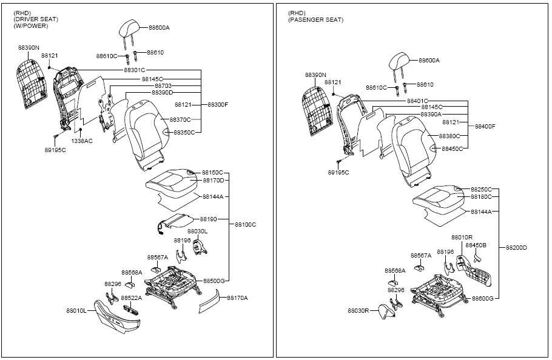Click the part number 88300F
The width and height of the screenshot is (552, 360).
[218, 104]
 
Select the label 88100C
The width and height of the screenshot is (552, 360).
[246, 224]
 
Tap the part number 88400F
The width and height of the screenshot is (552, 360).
[485, 126]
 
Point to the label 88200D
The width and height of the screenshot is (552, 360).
[516, 247]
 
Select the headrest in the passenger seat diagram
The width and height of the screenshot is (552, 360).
[399, 62]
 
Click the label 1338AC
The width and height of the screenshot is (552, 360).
[82, 141]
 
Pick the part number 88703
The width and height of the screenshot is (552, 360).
[163, 86]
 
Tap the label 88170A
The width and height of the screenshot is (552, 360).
[237, 298]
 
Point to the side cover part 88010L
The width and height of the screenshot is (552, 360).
[117, 316]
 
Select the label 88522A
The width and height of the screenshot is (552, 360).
[132, 298]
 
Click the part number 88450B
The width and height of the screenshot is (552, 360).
[476, 245]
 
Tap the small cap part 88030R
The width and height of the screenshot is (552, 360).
[386, 312]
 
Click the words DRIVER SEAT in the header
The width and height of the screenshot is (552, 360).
[36, 19]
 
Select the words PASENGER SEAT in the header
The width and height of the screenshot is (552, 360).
[316, 19]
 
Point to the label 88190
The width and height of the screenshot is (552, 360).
[209, 219]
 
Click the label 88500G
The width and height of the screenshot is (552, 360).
[214, 281]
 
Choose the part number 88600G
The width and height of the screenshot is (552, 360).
[483, 298]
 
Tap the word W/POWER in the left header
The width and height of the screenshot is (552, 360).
[30, 25]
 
